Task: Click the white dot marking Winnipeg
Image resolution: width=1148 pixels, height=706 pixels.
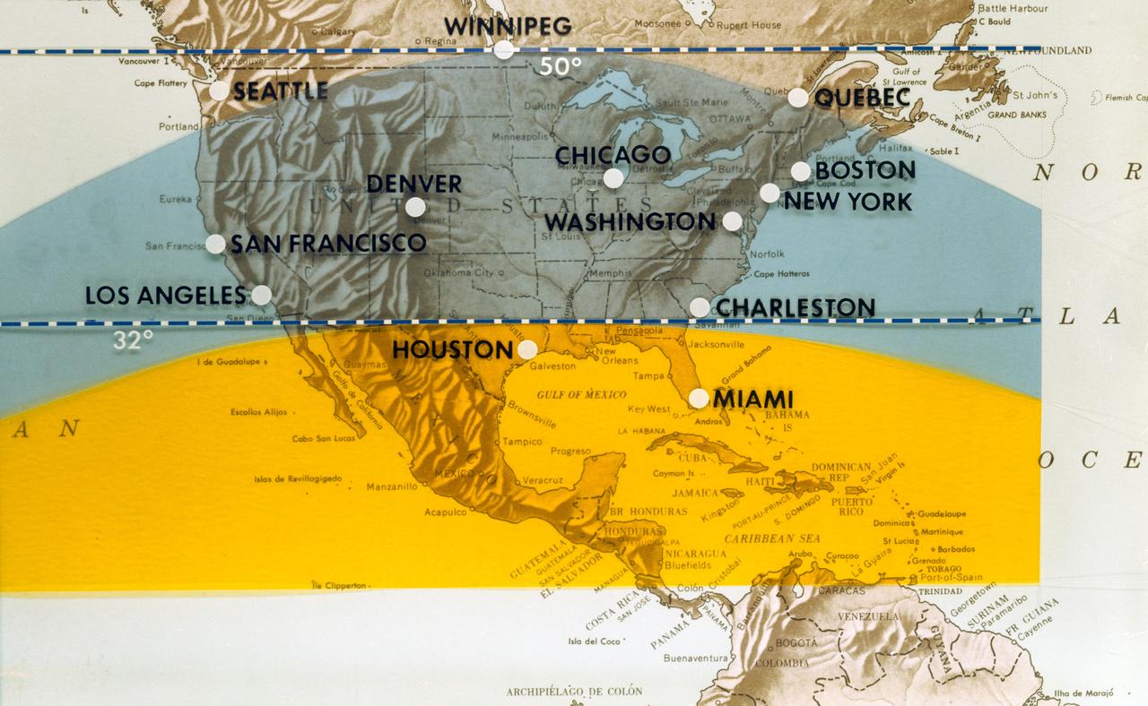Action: pos(504,49)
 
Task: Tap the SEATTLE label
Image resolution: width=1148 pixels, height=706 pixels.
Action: pos(281,90)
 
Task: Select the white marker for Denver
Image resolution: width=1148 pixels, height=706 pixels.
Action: pos(415,207)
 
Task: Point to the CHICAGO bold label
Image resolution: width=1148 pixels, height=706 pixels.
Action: pos(613,155)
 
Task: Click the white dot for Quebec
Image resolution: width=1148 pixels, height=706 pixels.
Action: pos(797,98)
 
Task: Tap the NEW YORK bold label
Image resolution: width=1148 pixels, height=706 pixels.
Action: pos(848,201)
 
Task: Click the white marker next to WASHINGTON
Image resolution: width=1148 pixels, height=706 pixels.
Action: pos(732,221)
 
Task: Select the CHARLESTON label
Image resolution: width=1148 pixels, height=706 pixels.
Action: pos(795,307)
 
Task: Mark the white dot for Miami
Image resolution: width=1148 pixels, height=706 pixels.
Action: pos(699,398)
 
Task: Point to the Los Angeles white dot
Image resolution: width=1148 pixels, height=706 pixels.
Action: pos(261,295)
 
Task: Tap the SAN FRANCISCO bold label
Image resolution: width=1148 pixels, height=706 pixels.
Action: pos(328,243)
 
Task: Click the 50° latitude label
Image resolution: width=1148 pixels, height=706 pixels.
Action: pos(561,66)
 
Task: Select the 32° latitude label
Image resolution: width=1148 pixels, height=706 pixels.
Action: pos(133,340)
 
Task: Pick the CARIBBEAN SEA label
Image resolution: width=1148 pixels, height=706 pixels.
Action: pos(772,538)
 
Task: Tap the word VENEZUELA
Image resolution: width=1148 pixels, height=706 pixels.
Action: pos(867,616)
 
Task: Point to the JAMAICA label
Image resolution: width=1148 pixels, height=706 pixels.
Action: pos(696,493)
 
